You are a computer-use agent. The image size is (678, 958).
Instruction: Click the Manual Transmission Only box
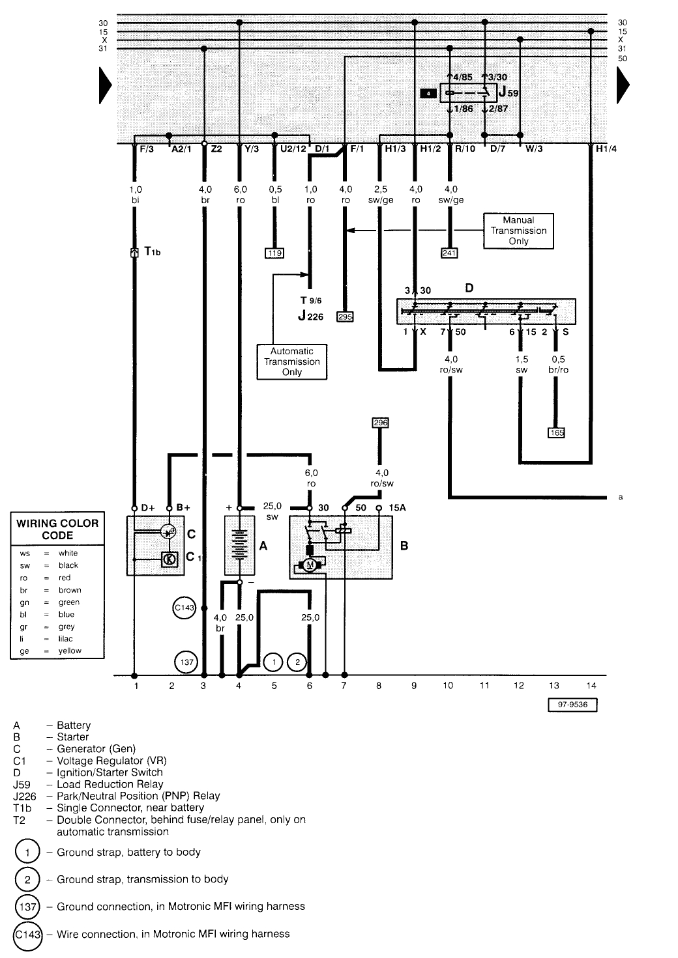tap(518, 231)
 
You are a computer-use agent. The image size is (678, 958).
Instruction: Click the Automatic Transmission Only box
tap(291, 361)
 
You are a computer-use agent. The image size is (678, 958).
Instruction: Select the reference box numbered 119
tap(274, 253)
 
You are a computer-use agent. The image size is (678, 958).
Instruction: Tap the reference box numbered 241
tap(449, 253)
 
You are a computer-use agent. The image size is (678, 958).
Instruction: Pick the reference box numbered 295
tap(345, 317)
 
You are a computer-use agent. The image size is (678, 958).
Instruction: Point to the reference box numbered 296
tap(380, 423)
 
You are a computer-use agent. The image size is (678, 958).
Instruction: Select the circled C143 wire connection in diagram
tap(184, 608)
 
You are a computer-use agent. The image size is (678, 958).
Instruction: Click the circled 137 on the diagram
tap(186, 663)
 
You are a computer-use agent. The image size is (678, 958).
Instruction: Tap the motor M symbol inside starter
tap(310, 565)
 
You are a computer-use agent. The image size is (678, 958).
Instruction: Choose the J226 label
tap(310, 317)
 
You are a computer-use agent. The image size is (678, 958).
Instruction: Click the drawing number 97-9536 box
tap(572, 705)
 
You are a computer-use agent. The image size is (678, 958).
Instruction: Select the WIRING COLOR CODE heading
tap(57, 529)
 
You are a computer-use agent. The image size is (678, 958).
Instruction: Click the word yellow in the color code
tap(70, 651)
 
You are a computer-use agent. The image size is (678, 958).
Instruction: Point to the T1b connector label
tap(151, 251)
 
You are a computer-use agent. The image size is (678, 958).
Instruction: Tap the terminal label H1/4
tap(606, 148)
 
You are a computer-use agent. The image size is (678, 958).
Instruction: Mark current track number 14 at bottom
tap(591, 685)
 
